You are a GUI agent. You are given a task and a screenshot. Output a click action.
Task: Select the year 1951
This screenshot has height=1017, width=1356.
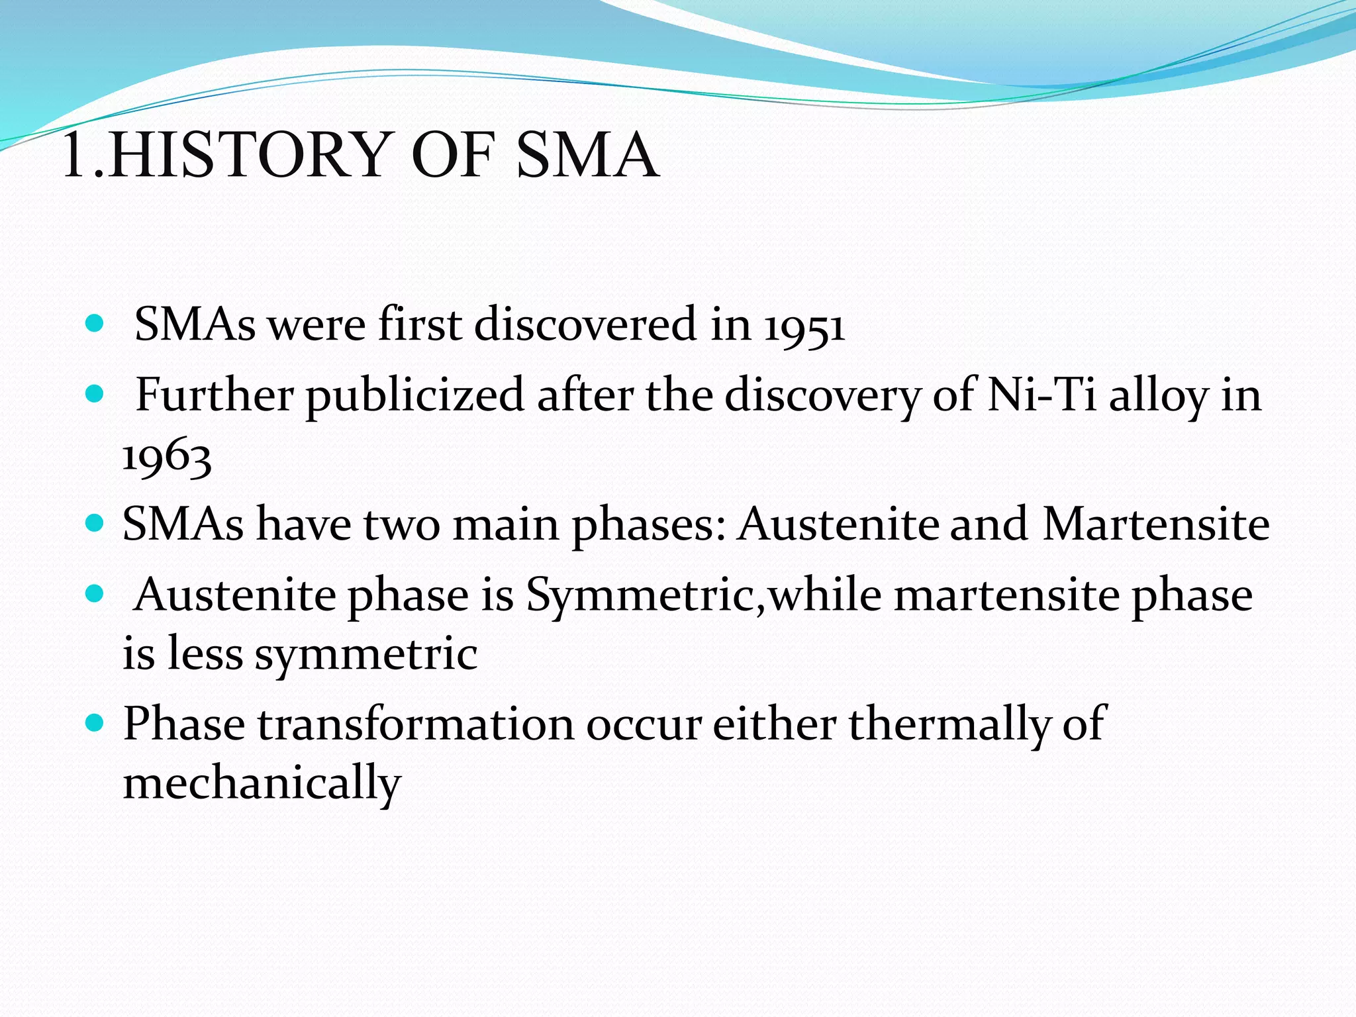click(804, 326)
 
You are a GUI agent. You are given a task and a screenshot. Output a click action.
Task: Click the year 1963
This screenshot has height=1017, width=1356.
click(167, 457)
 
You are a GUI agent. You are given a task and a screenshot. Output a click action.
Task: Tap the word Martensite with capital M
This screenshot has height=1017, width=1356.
click(1155, 524)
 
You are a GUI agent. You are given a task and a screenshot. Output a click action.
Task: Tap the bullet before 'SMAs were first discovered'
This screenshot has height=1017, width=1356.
click(95, 324)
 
